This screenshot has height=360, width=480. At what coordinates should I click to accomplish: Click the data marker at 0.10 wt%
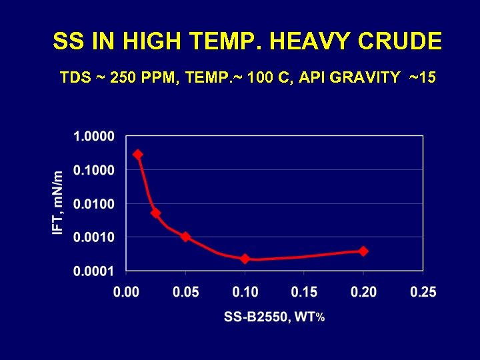pos(245,259)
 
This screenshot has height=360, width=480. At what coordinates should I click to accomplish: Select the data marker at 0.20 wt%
pos(363,251)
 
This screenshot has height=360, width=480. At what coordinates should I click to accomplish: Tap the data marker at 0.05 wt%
pos(185,237)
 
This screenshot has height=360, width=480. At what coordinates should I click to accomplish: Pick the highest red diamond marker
pos(138,154)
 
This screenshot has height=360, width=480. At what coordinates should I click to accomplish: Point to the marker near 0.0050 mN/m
pos(155,213)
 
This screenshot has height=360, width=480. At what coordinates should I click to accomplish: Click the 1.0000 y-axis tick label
pos(94,137)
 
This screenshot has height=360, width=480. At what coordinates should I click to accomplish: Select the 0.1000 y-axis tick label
pos(94,170)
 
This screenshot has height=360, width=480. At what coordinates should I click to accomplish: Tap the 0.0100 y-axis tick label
pos(94,203)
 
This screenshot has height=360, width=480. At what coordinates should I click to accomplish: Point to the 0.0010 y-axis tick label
pos(94,237)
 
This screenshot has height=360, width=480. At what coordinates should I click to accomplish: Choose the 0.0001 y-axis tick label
pos(94,271)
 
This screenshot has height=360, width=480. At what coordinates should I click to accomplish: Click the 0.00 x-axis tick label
pos(127,292)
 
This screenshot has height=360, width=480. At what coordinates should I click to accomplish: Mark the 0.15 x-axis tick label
pos(304,292)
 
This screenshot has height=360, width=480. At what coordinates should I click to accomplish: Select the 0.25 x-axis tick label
pos(423,292)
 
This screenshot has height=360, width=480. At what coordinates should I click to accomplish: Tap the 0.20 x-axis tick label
pos(363,292)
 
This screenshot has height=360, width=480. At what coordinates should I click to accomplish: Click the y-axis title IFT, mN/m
pos(59,203)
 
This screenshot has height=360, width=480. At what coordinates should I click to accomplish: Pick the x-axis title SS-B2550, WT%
pos(274,317)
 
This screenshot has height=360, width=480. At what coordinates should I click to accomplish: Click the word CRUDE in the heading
pos(400,42)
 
